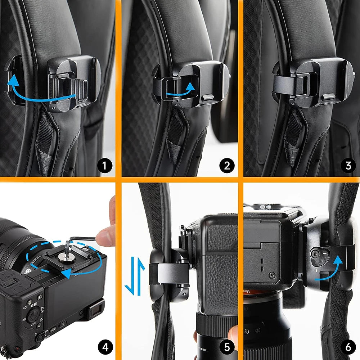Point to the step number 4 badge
coord(105,347)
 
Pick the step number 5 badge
coord(227,347)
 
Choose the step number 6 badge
coord(348,347)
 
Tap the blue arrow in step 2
coord(180,92)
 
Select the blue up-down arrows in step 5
coord(134,276)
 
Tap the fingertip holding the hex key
coord(105,238)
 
